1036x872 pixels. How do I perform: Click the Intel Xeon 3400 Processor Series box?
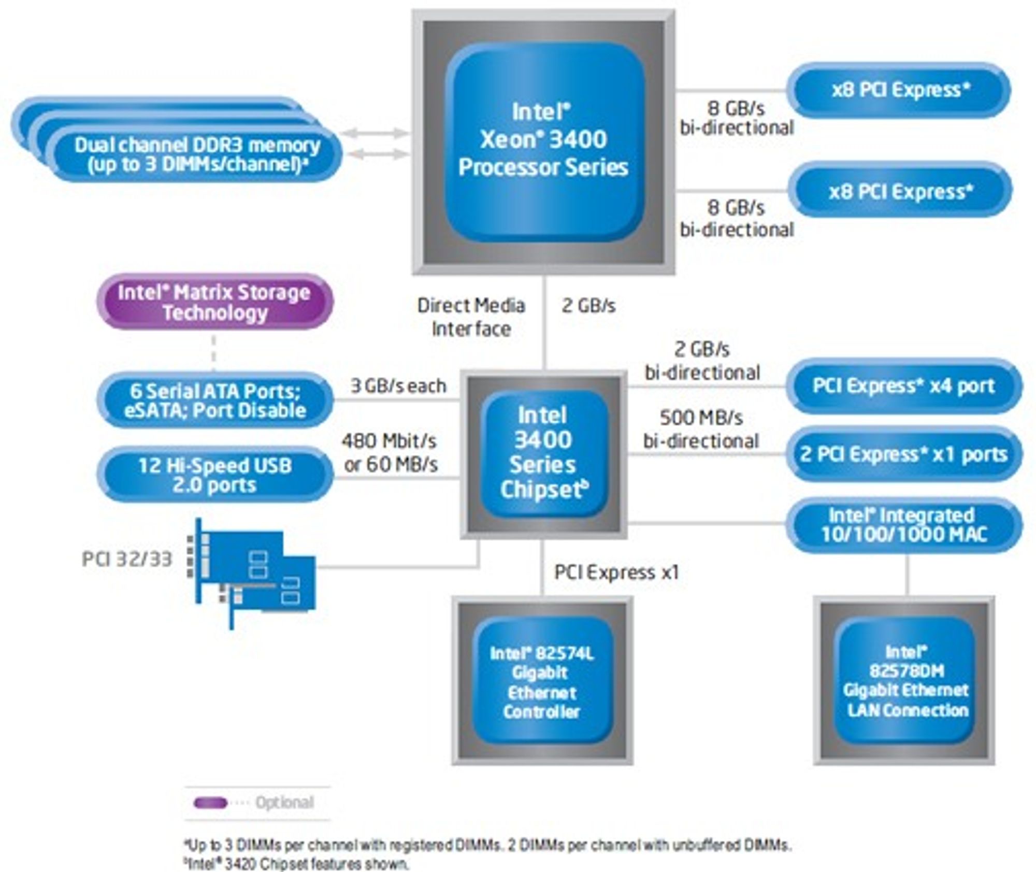tap(543, 142)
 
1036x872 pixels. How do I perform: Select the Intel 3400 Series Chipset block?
tap(543, 454)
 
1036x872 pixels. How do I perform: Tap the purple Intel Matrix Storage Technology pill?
tap(214, 302)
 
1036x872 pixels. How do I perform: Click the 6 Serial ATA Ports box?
tap(214, 400)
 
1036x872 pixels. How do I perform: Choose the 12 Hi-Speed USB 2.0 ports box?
tap(214, 475)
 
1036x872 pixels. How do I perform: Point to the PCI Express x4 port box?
tap(904, 386)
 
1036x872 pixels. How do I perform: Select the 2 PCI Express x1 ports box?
tap(904, 454)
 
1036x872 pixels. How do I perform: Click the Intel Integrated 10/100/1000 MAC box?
tap(904, 524)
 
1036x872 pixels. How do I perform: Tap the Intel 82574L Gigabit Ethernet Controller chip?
tap(542, 681)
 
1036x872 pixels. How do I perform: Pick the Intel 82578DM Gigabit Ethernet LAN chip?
tap(904, 681)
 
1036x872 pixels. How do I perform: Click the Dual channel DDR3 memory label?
tap(197, 154)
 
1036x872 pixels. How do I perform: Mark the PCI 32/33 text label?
tap(127, 559)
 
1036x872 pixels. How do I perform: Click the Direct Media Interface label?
tap(471, 317)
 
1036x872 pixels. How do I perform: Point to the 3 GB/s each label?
tap(398, 386)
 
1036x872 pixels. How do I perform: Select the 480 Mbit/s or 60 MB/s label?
tap(390, 453)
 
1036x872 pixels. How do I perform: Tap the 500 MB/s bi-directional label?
tap(701, 430)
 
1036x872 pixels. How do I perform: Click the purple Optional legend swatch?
tap(210, 803)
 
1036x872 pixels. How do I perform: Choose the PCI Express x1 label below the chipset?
tap(616, 573)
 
